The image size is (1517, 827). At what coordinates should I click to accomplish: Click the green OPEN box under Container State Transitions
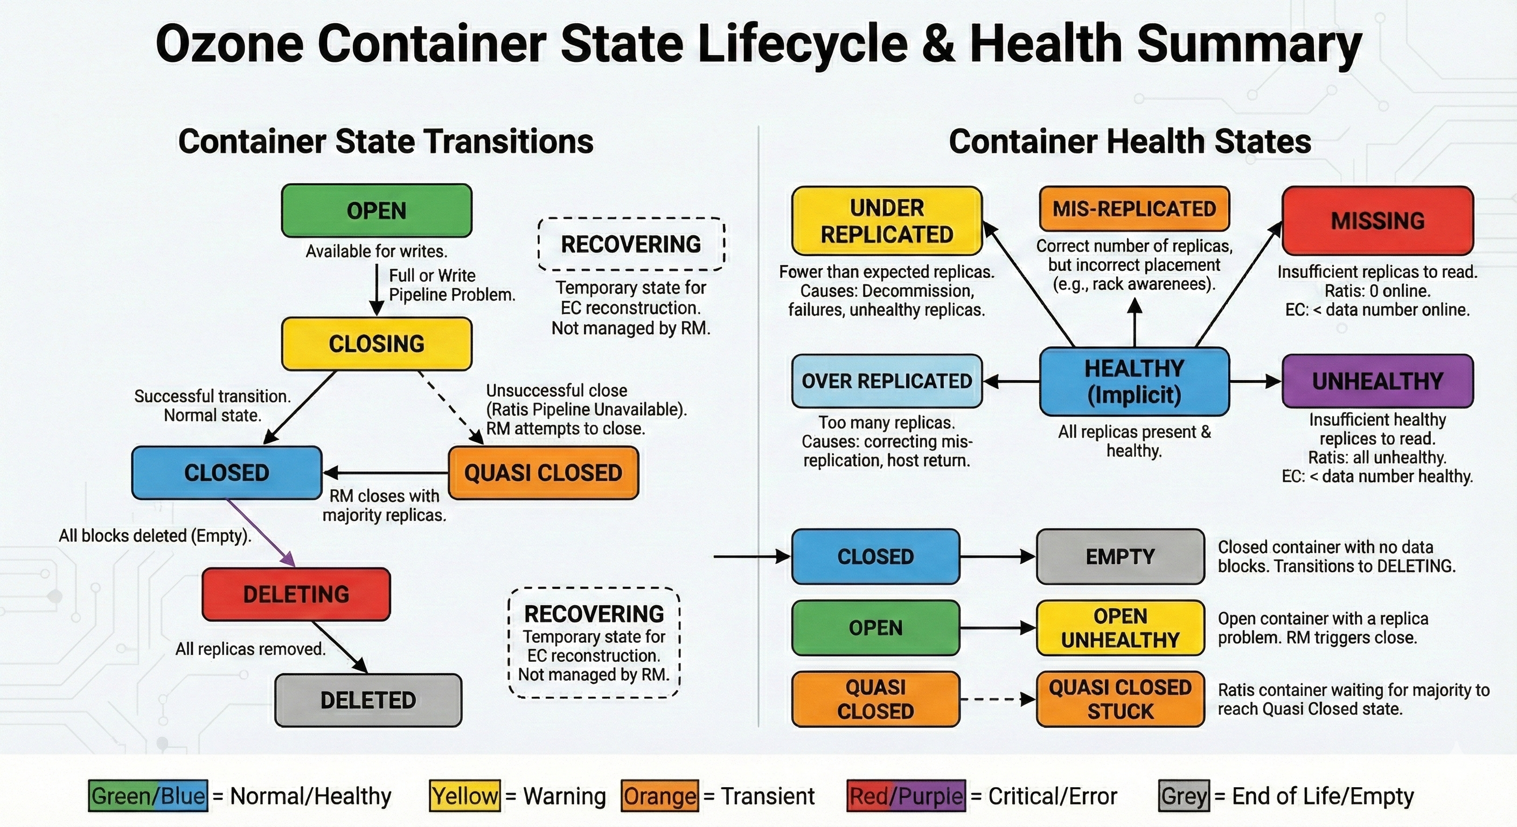[377, 211]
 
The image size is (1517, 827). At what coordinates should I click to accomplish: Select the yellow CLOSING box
[377, 344]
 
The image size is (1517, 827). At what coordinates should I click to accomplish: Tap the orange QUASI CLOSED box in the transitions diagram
[543, 473]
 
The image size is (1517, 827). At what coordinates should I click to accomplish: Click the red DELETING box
[296, 594]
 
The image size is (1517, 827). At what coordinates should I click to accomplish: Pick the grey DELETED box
[368, 700]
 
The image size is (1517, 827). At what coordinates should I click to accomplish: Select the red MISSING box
[1377, 221]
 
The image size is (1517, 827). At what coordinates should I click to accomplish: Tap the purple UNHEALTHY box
[1377, 381]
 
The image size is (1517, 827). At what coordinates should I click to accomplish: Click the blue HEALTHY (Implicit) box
[1134, 381]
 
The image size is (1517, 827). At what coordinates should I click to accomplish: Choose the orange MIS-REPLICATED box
[1134, 208]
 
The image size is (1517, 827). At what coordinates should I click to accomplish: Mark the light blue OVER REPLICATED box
[886, 381]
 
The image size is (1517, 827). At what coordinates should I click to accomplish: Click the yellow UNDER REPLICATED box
[886, 221]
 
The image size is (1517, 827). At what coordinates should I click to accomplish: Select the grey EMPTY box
[1120, 556]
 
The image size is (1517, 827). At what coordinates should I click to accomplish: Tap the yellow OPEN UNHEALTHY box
[1120, 627]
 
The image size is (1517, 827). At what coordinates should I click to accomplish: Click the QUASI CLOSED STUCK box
[1120, 699]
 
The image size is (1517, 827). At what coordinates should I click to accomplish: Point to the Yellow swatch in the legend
[465, 796]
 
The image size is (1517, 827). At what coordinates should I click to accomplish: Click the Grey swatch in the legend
[1184, 796]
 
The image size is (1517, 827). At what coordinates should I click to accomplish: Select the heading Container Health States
[1130, 141]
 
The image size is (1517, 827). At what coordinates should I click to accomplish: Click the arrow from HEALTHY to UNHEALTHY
[1254, 381]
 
